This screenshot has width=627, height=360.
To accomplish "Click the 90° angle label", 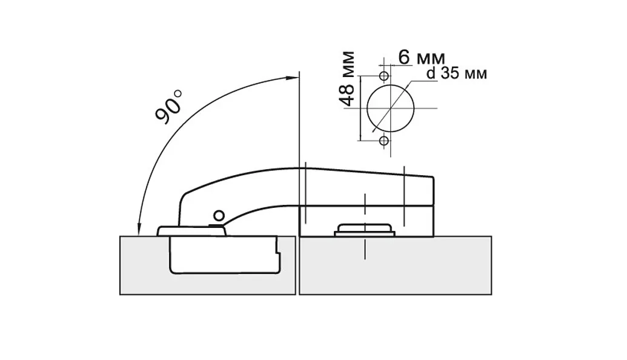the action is (168, 105).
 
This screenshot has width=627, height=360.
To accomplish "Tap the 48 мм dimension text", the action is (348, 78).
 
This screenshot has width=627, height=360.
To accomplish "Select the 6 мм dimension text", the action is (421, 58).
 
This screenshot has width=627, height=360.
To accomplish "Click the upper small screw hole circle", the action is (384, 76).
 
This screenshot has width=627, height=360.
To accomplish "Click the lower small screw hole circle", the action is (384, 141).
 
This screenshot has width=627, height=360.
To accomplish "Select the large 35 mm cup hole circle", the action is (390, 108).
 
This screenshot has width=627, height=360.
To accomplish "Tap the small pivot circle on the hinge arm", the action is (219, 216).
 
